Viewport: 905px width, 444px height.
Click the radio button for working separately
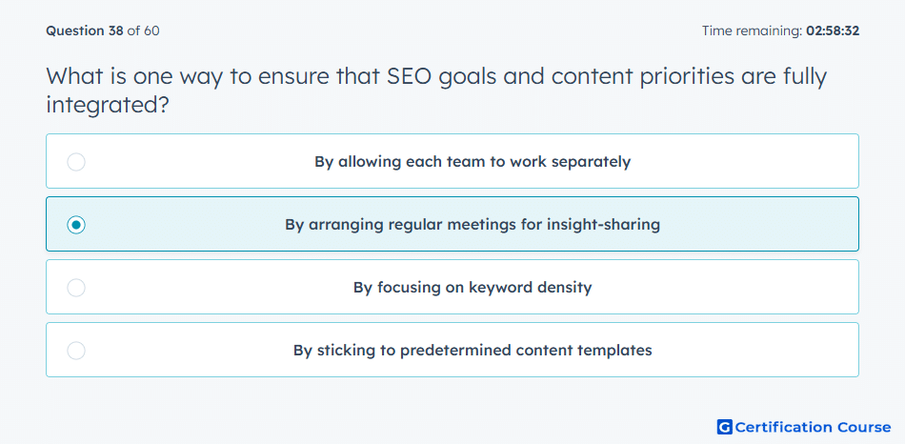tap(76, 162)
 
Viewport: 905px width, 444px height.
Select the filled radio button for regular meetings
tap(76, 225)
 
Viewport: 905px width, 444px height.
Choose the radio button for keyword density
tap(76, 288)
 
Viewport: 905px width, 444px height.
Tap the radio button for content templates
tap(76, 351)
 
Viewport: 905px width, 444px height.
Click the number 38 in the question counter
tap(115, 31)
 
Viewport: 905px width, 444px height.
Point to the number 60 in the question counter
tap(151, 31)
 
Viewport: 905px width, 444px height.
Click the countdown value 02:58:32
tap(833, 31)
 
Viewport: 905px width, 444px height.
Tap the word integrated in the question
tap(107, 105)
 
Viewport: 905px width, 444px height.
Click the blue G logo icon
tap(724, 427)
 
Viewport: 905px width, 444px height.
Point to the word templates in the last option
tap(617, 351)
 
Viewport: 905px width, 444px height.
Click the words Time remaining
tap(752, 31)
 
